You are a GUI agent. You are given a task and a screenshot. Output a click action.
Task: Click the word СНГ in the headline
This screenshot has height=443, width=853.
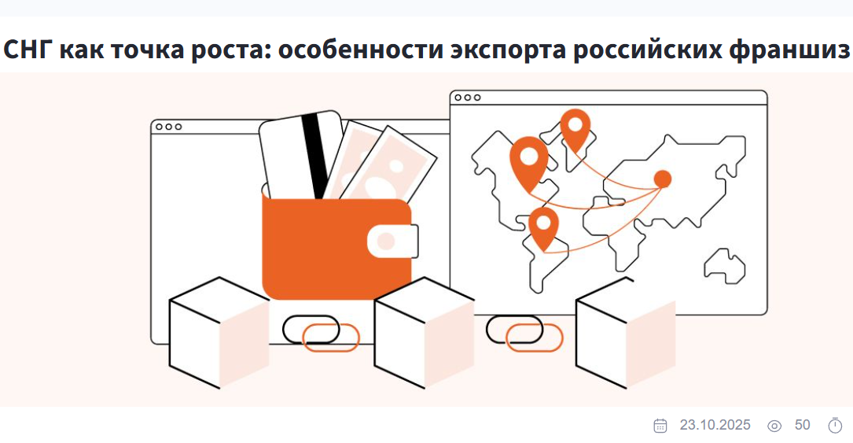click(x=28, y=50)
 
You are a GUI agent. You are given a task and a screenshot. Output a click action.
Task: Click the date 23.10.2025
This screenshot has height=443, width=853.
click(x=715, y=425)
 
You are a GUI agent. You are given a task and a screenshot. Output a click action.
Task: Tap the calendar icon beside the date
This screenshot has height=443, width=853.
click(x=660, y=426)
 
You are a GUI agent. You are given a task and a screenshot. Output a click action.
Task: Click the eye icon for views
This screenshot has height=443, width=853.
click(x=774, y=426)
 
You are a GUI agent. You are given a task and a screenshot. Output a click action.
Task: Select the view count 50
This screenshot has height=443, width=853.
click(x=803, y=425)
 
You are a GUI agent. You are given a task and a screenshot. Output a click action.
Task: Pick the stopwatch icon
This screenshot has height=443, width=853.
click(x=835, y=426)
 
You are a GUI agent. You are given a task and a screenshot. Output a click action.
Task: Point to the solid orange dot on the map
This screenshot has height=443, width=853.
click(x=662, y=179)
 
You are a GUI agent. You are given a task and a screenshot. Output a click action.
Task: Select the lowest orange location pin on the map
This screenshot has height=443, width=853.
click(x=543, y=228)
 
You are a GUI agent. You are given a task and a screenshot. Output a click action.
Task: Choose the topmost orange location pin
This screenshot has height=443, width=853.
click(x=575, y=130)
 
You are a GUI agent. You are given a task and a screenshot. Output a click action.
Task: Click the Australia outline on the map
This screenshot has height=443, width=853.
click(x=725, y=267)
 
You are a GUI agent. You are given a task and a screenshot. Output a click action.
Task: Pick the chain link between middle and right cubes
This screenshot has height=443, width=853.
click(x=524, y=333)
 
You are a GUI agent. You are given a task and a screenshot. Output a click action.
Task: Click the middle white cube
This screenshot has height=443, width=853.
click(x=425, y=333)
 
